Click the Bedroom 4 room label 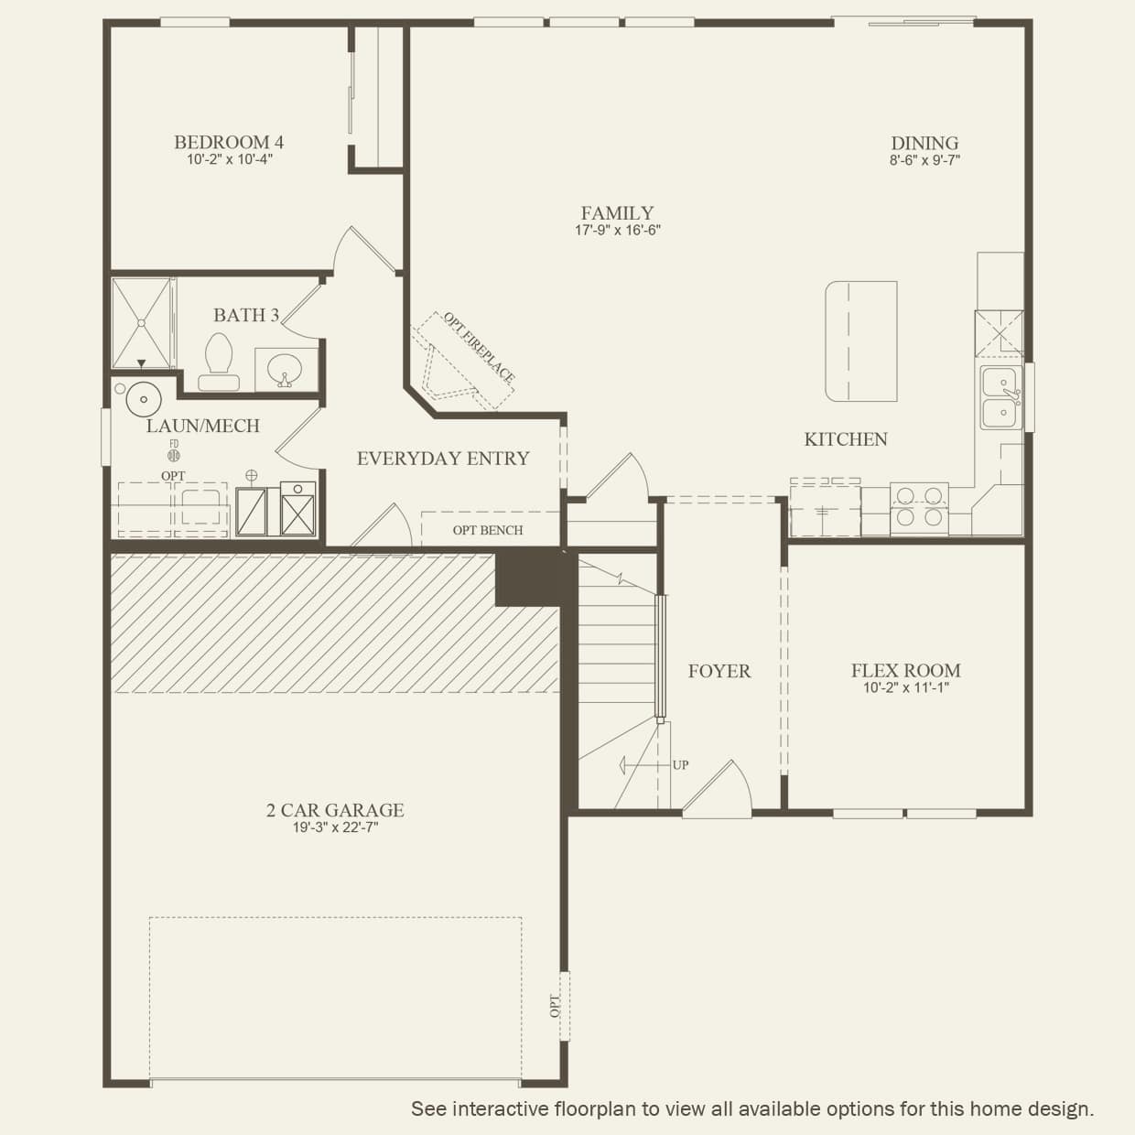[229, 142]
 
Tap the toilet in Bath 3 [219, 362]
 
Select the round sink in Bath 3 [285, 370]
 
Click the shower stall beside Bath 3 [141, 323]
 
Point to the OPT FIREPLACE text [479, 347]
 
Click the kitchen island [861, 341]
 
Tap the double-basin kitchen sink [1001, 397]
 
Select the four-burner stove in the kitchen [919, 508]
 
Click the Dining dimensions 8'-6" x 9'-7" [924, 160]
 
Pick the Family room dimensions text [618, 231]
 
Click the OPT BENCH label [488, 530]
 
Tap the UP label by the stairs [680, 765]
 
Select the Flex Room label [906, 670]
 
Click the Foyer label [719, 671]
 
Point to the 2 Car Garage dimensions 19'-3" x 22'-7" [335, 827]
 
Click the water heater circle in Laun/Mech [144, 399]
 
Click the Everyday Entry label [443, 459]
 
